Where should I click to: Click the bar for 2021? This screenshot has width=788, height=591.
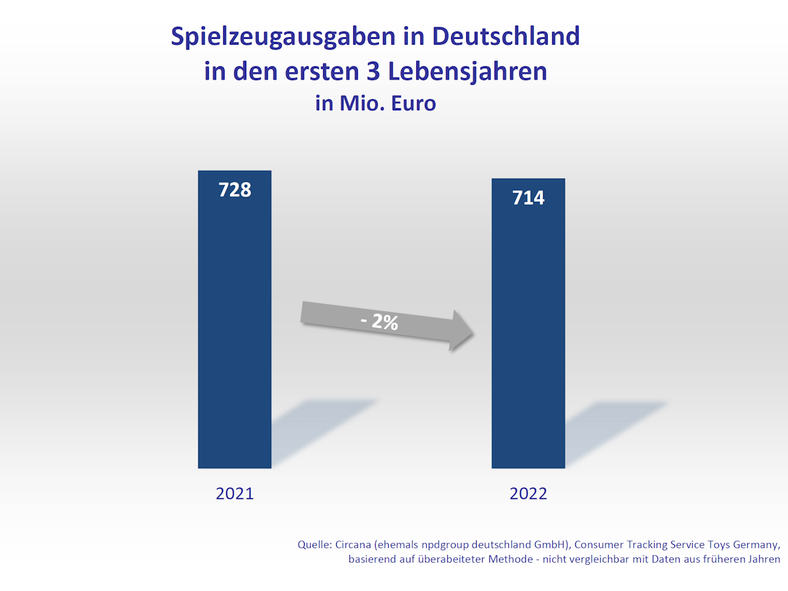[x=234, y=328]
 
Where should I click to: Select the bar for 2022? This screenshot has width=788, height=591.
[x=528, y=328]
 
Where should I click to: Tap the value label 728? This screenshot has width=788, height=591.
[x=234, y=190]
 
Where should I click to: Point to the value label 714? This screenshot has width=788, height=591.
[x=528, y=197]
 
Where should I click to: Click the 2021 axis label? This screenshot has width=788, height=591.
[x=234, y=494]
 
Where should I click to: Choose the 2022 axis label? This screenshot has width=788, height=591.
[x=528, y=494]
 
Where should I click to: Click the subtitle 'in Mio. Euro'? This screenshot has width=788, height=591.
[x=375, y=103]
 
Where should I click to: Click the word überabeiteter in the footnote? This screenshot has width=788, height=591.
[x=443, y=559]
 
